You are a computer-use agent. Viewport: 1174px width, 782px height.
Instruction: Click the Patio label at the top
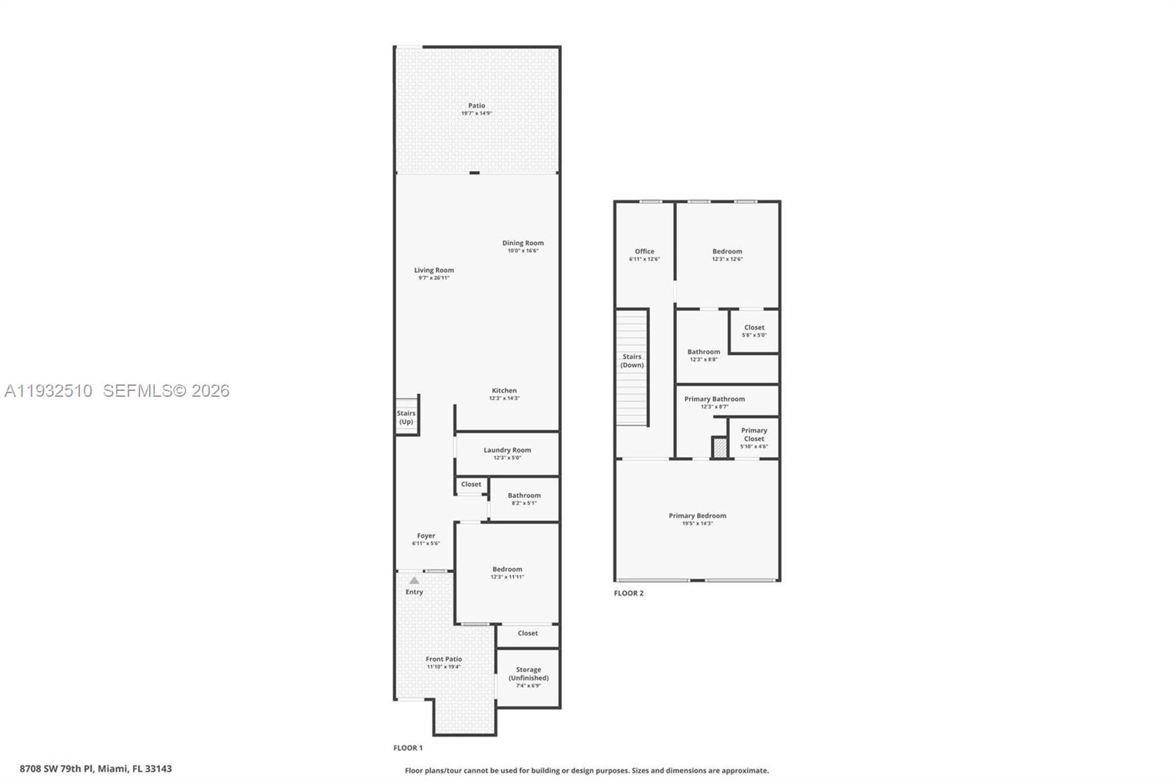(476, 106)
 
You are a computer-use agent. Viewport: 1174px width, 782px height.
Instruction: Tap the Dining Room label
(522, 243)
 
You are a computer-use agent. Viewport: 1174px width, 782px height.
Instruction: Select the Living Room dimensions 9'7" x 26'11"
(434, 278)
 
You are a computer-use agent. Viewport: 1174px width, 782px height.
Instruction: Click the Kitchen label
(504, 390)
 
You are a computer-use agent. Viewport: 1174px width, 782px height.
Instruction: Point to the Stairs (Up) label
(406, 417)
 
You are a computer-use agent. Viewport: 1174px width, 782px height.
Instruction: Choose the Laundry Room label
(507, 450)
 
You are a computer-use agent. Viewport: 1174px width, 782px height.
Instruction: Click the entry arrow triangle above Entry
(414, 580)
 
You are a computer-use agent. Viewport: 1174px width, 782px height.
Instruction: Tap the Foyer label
(426, 536)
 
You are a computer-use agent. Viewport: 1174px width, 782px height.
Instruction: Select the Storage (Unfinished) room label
(528, 673)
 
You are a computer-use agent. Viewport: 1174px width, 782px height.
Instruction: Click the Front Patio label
(444, 659)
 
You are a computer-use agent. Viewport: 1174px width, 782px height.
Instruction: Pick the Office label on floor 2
(644, 251)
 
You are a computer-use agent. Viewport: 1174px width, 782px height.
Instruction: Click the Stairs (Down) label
(632, 360)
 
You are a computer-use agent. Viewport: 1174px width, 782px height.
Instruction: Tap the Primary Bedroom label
(697, 516)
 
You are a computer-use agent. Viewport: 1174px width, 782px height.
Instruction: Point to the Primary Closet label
(754, 434)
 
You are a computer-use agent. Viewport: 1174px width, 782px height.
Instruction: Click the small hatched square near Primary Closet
(720, 447)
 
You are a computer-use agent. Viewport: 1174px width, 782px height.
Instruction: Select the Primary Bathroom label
(714, 399)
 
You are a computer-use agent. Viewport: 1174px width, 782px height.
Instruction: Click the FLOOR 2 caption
(629, 593)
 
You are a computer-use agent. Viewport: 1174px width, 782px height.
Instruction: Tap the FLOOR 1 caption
(408, 748)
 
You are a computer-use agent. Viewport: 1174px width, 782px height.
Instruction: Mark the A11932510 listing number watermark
(48, 391)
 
